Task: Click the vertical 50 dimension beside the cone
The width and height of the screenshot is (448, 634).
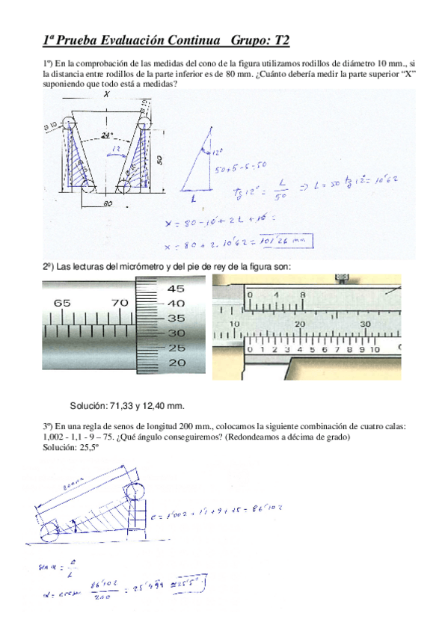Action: (x=160, y=159)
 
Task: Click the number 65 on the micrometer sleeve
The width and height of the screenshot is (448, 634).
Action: (x=62, y=304)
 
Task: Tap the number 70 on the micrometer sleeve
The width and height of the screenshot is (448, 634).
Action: (x=120, y=304)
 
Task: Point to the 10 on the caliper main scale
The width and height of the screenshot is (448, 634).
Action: (x=234, y=323)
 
